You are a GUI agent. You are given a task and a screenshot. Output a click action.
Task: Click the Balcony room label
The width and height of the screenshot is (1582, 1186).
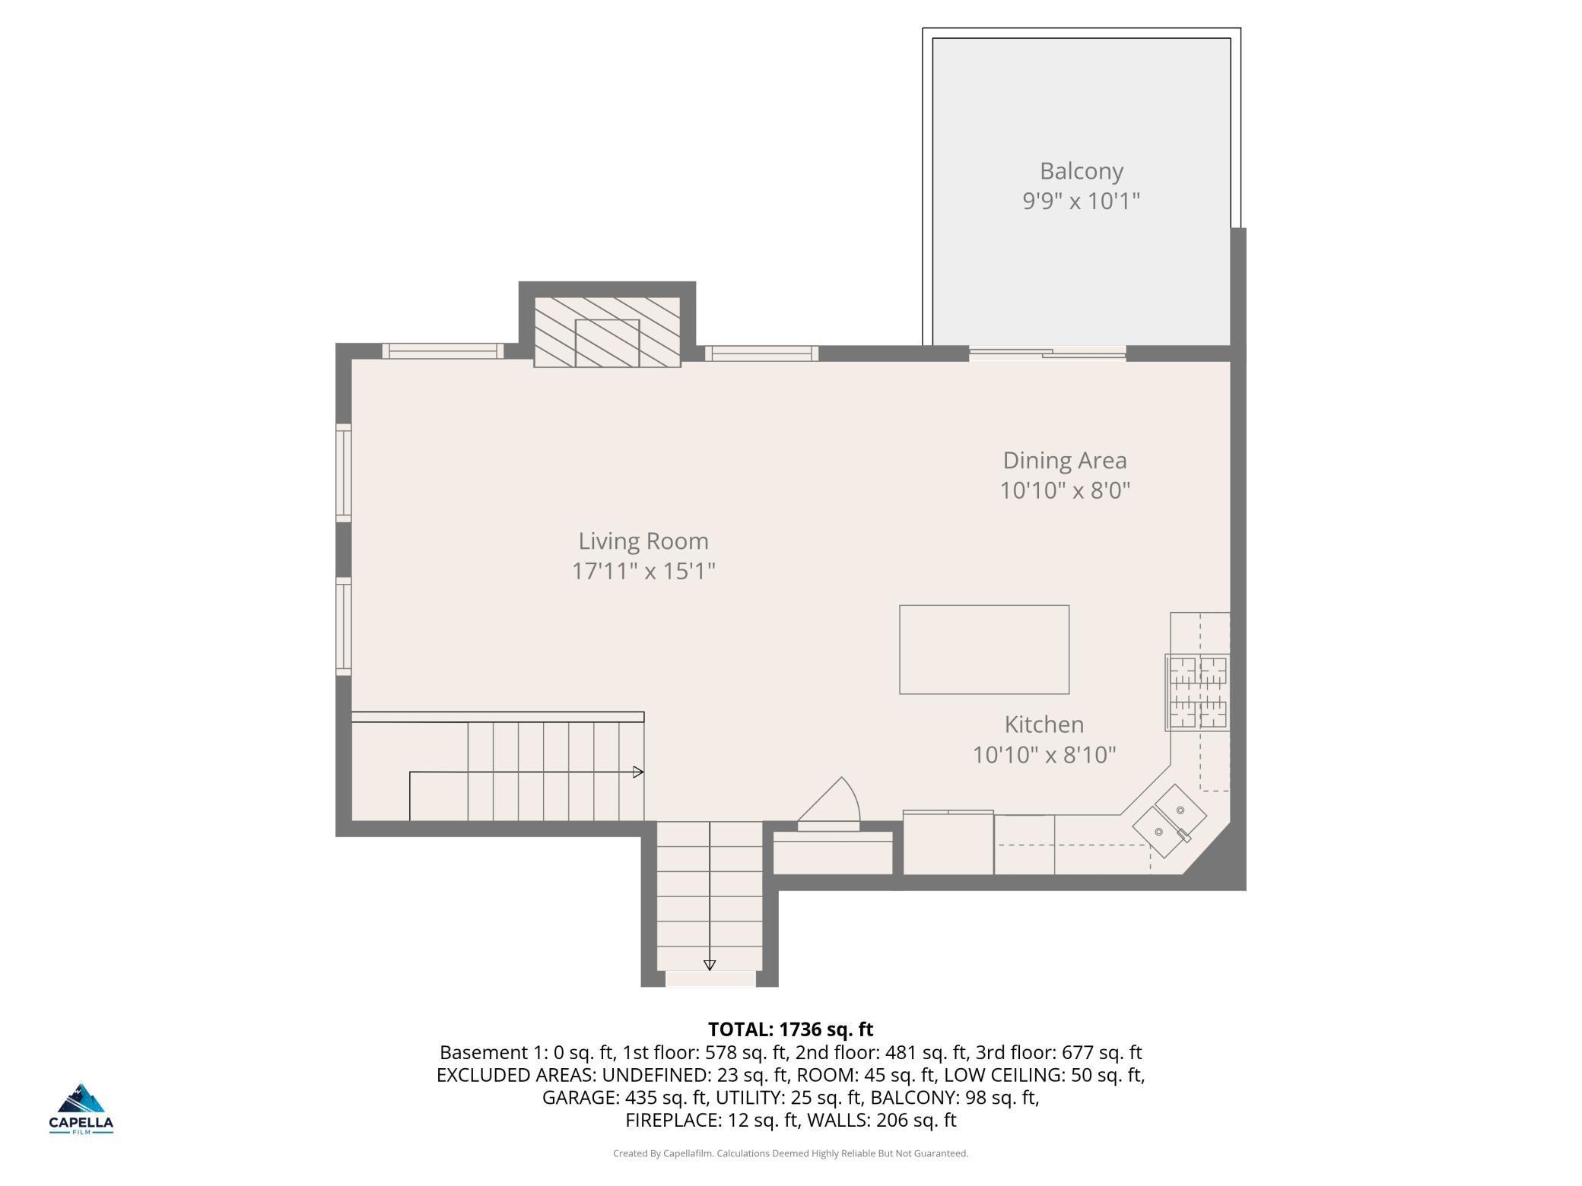1082,172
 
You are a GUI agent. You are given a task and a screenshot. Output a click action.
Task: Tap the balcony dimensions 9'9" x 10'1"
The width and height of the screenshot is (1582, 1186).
1082,201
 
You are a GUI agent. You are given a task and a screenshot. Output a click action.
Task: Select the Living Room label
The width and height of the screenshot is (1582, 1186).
643,541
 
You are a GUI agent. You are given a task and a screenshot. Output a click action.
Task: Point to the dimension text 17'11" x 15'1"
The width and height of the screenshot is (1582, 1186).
643,571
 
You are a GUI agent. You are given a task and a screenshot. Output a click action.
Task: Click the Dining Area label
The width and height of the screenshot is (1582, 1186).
1065,461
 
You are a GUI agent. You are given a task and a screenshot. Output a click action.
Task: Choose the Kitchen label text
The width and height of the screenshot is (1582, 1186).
1044,725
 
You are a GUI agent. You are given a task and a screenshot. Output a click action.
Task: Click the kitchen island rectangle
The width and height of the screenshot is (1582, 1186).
984,649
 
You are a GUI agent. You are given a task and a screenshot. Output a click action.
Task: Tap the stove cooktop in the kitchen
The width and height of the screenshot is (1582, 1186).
1197,693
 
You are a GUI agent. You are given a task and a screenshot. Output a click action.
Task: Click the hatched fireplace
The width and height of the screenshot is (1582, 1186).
607,332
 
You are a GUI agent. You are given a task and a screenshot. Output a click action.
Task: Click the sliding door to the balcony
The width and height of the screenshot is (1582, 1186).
1047,353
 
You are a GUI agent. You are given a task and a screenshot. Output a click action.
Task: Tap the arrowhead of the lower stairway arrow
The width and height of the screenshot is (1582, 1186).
710,966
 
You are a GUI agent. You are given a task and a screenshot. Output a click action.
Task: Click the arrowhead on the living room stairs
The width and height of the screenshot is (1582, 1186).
639,772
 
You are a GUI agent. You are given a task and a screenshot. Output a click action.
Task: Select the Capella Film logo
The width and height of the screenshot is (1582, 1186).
81,1109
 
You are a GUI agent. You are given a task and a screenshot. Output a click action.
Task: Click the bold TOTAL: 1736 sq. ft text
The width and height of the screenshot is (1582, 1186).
791,1029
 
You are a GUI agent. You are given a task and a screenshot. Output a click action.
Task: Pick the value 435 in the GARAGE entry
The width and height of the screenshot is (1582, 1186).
640,1098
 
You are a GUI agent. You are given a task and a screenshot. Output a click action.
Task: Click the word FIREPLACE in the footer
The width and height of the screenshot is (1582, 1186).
671,1121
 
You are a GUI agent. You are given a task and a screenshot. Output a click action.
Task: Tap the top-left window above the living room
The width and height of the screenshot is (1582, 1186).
443,351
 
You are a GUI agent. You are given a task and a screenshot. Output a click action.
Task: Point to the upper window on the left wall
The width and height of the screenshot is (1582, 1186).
344,473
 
